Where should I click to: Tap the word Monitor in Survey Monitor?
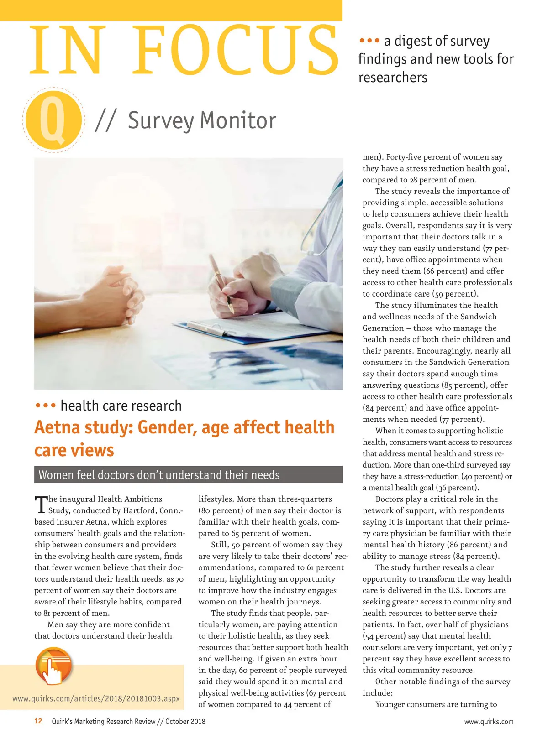tap(238, 120)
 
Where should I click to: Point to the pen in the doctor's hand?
tap(221, 283)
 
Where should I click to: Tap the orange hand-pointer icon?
tap(54, 666)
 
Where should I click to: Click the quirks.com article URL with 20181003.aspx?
tap(96, 698)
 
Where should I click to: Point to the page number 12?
tap(38, 721)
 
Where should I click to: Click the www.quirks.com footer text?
tap(489, 722)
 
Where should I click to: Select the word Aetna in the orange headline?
tap(59, 427)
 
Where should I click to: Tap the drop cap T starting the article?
tap(41, 504)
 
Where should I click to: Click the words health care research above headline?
tap(121, 406)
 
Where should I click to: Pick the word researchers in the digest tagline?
tap(393, 78)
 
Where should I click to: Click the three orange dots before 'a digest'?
tap(369, 41)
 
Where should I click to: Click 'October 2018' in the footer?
tap(185, 722)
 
